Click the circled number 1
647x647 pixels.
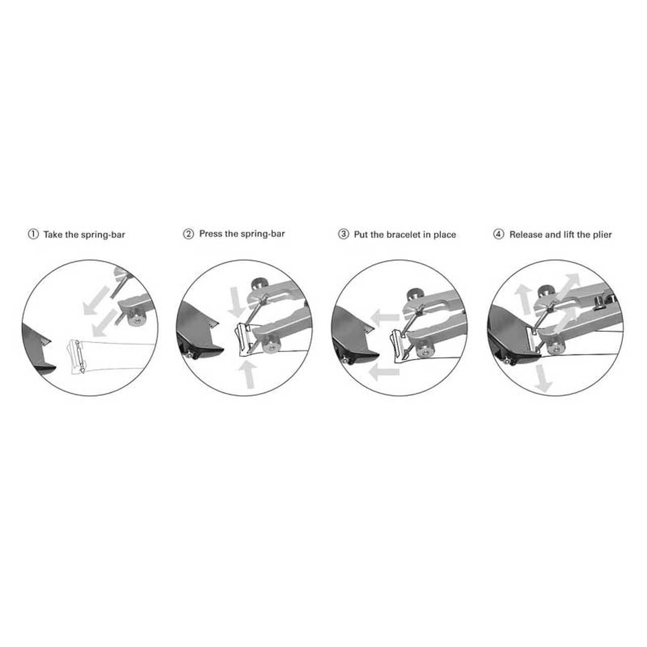(33, 235)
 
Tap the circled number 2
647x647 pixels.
(188, 235)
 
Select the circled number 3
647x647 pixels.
(344, 235)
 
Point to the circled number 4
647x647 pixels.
(499, 235)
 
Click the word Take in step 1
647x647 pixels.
(53, 235)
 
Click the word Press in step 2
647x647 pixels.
(211, 234)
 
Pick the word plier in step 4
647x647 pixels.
(602, 235)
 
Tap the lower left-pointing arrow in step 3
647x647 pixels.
(384, 373)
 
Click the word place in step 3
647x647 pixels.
(444, 235)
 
